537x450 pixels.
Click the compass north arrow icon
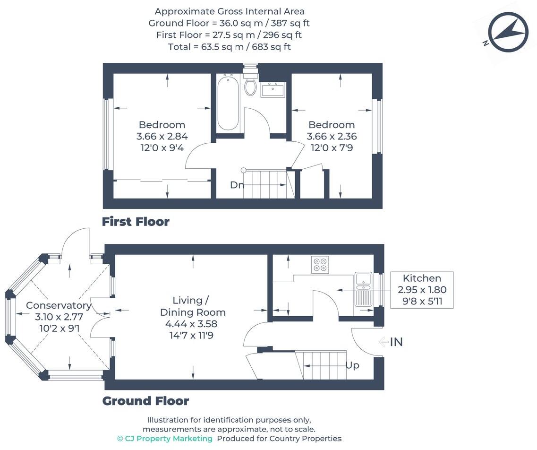click(508, 32)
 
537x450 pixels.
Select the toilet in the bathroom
click(250, 86)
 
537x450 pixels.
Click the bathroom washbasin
click(273, 89)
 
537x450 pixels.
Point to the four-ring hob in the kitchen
click(320, 264)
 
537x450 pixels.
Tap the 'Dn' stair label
click(237, 185)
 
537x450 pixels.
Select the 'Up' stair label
click(352, 365)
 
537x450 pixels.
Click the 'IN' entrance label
click(396, 342)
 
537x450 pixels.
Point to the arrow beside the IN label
click(383, 342)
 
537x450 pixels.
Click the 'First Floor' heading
click(136, 222)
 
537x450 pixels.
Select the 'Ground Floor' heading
click(145, 401)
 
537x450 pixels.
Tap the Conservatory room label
click(59, 305)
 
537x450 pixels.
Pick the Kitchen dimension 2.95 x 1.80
click(422, 290)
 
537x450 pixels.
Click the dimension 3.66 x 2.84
click(162, 136)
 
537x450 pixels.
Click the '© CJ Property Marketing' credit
click(164, 439)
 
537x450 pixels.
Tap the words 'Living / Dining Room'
click(192, 306)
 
